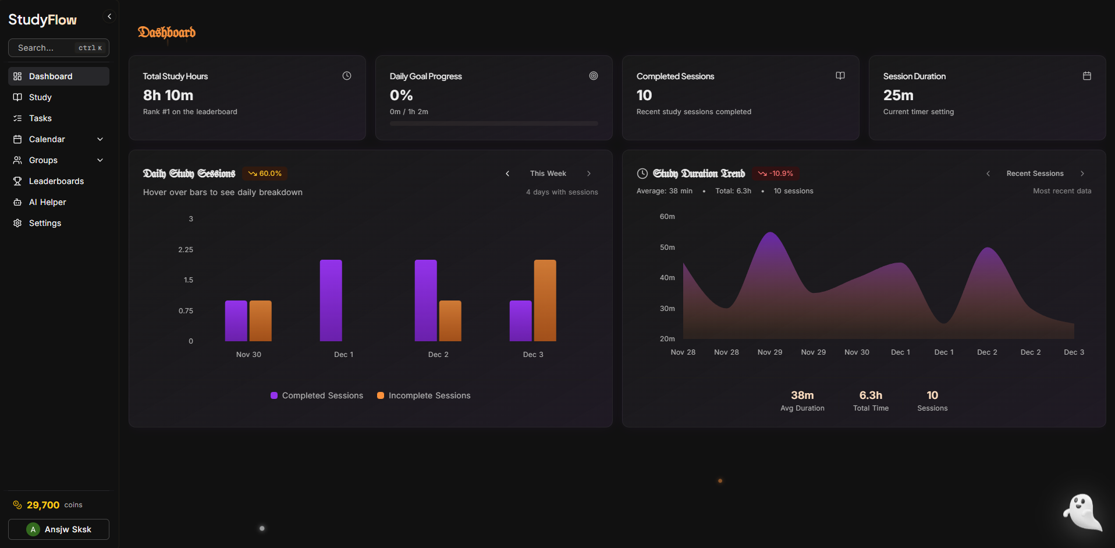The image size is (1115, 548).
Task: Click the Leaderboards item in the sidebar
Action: (x=56, y=181)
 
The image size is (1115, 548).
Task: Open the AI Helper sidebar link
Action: (x=47, y=202)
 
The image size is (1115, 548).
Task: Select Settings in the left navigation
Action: (x=45, y=223)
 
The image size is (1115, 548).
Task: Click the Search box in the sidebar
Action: (x=58, y=48)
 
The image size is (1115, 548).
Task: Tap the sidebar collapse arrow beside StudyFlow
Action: (x=109, y=16)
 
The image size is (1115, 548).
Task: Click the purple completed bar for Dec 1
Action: (x=331, y=300)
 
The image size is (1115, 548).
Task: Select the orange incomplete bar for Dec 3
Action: (x=545, y=300)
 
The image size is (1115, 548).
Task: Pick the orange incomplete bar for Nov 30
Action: (x=260, y=320)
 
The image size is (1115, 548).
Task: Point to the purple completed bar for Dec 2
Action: (x=425, y=300)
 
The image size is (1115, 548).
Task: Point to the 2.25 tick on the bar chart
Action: (x=186, y=249)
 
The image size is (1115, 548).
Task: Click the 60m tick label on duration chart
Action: (x=667, y=217)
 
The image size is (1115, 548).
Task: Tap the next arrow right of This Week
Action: (x=589, y=174)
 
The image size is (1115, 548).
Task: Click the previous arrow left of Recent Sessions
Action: (x=988, y=174)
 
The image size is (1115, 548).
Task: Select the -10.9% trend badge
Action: (x=776, y=174)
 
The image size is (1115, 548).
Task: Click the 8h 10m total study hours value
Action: (x=168, y=95)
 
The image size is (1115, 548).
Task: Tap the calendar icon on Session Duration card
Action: (x=1086, y=76)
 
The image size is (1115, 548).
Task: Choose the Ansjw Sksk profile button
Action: (x=59, y=529)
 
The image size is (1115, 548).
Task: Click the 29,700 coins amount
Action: (x=43, y=505)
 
